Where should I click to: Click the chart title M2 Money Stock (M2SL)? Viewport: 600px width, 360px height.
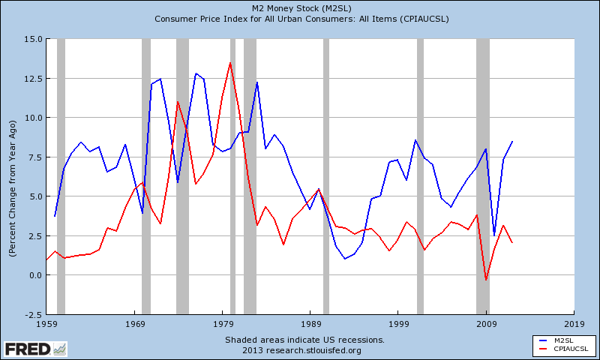[x=299, y=7]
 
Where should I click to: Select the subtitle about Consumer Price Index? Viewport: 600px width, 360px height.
[x=299, y=19]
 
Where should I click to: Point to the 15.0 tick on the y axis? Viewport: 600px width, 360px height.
[x=32, y=39]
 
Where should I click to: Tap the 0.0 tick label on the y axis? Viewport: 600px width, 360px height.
[x=34, y=275]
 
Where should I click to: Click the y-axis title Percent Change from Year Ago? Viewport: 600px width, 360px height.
[x=13, y=176]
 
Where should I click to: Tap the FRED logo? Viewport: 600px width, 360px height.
[x=34, y=349]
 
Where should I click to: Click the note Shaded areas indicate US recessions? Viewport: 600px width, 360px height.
[x=304, y=340]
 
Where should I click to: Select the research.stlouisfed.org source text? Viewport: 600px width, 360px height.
[x=304, y=350]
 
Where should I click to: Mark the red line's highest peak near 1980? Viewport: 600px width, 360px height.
[x=230, y=62]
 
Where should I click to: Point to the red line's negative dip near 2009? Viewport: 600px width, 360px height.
[x=486, y=280]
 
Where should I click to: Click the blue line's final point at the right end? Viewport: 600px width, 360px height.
[x=512, y=141]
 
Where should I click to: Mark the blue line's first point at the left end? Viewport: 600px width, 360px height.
[x=55, y=217]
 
